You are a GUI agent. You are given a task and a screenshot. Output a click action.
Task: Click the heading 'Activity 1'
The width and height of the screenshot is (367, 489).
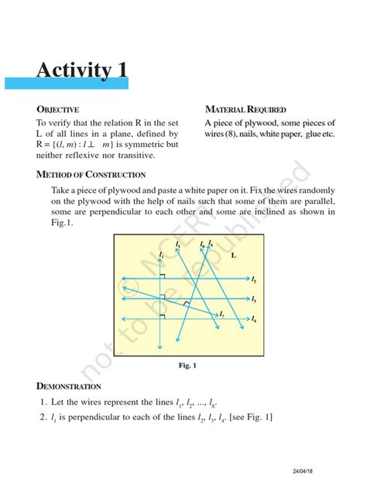point(82,70)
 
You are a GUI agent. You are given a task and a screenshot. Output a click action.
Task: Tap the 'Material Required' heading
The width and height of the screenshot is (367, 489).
point(245,110)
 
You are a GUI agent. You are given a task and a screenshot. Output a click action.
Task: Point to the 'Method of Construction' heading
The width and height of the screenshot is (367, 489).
point(91,175)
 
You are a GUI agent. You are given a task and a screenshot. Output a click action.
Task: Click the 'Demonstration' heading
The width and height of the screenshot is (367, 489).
point(69,385)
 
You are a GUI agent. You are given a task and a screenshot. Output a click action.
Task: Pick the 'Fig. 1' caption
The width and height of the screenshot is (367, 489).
point(189,364)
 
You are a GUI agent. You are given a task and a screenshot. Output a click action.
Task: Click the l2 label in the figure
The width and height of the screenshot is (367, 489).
point(254,279)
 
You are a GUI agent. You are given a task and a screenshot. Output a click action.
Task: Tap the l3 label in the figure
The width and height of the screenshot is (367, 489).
point(254,299)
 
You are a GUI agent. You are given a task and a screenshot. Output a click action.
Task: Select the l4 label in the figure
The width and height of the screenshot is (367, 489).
point(254,320)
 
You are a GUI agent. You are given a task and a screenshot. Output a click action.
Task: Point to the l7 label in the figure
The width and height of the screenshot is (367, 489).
point(222,315)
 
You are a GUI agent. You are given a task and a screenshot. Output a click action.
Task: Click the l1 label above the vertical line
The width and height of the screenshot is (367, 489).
point(160,254)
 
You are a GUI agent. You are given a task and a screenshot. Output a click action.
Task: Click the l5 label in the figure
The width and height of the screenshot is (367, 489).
point(177,244)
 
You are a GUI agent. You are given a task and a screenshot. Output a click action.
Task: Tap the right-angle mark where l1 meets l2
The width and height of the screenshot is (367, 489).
point(163,275)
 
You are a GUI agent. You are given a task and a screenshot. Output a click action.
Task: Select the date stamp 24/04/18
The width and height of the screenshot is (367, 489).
point(304,471)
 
